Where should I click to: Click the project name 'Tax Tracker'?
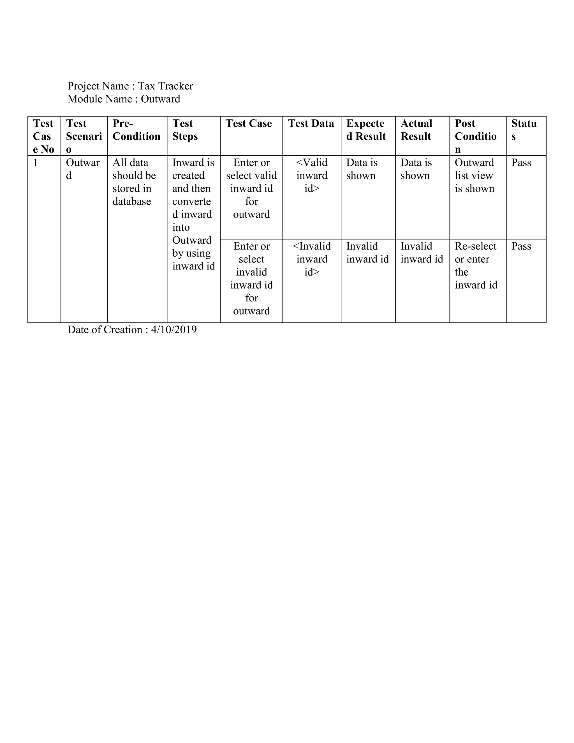click(165, 86)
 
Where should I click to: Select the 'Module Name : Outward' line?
click(124, 99)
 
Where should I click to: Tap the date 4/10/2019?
click(174, 330)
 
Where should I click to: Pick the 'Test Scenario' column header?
click(84, 136)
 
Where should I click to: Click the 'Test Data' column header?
click(311, 123)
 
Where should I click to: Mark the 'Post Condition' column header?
click(475, 136)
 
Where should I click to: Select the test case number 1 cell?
click(35, 163)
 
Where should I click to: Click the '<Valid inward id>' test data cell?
click(312, 176)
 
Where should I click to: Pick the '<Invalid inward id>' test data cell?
click(312, 259)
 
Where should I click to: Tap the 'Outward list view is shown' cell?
click(475, 176)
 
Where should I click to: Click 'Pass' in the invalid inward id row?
click(521, 246)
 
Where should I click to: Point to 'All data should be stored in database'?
click(134, 182)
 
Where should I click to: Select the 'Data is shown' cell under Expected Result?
click(362, 169)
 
